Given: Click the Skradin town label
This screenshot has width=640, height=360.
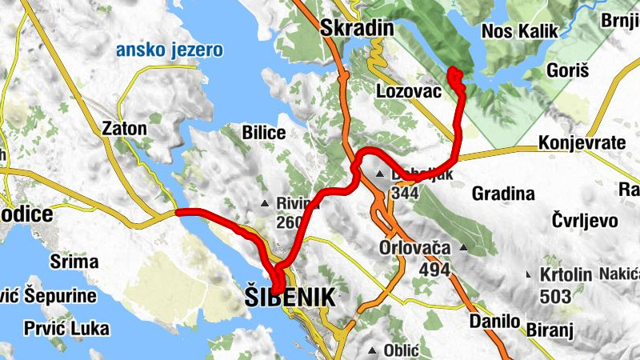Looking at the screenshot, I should tap(357, 29).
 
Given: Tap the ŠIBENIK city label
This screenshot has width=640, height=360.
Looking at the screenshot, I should tap(288, 298).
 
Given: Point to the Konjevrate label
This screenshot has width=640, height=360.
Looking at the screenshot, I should tap(582, 142).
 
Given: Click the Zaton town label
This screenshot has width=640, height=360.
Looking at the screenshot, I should tap(125, 128).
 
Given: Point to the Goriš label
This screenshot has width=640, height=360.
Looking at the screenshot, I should tap(567, 71).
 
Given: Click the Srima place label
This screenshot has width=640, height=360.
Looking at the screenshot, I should tap(74, 262).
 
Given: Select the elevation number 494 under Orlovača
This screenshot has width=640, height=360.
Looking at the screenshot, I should tap(434, 269).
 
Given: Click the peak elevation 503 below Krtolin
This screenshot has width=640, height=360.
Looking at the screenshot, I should tap(555, 297).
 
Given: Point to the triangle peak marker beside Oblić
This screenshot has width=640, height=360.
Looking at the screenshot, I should tap(373, 350).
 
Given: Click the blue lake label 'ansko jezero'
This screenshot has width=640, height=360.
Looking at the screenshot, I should tap(170, 51).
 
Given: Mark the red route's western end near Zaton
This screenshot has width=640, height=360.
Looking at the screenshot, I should tap(177, 212).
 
